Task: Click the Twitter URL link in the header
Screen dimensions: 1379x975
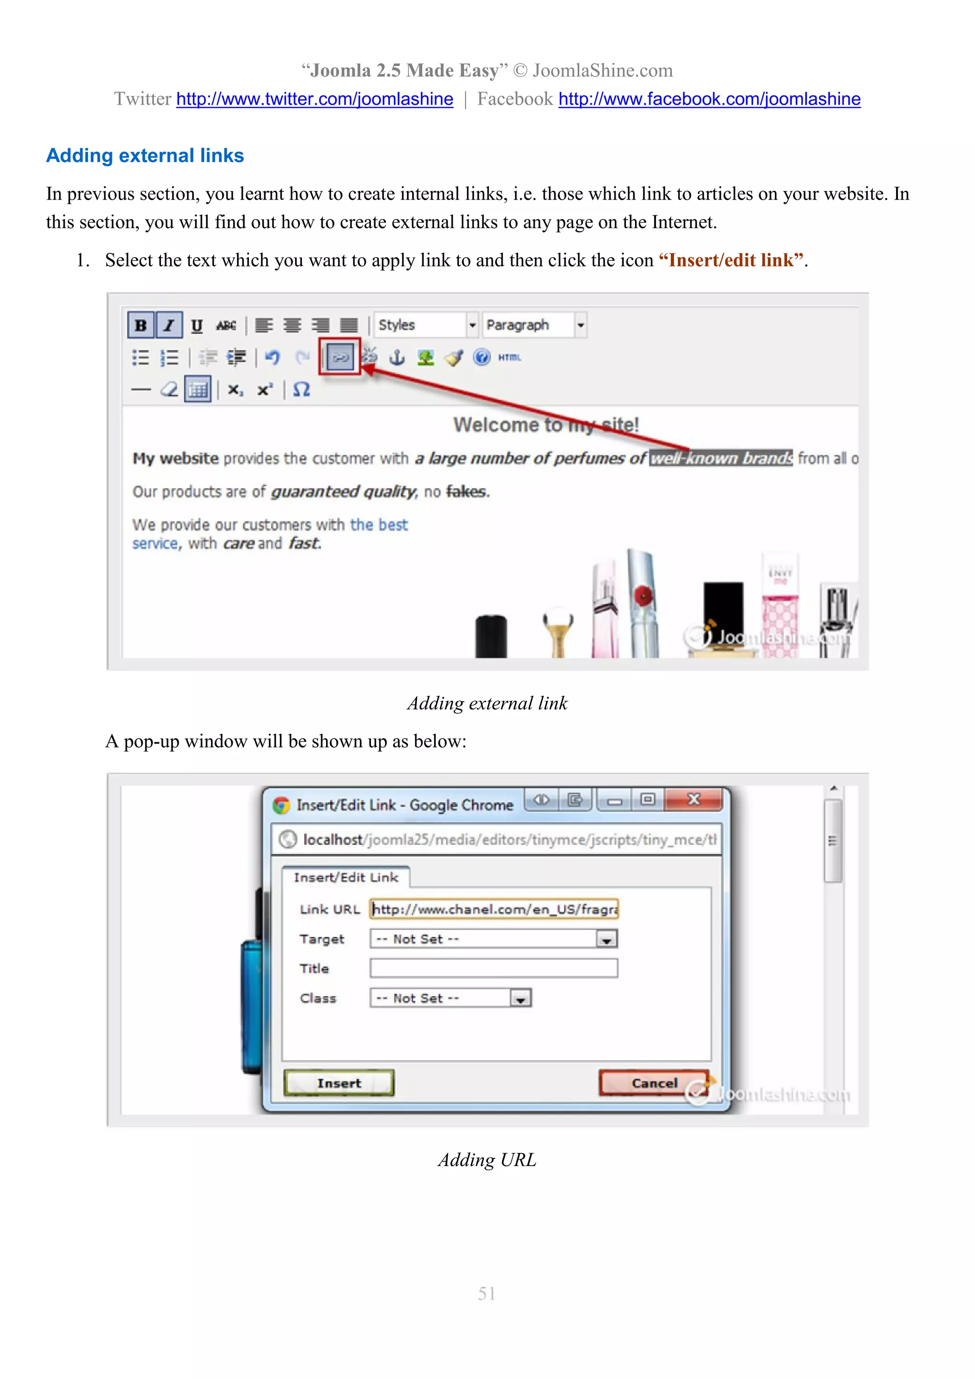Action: (x=315, y=99)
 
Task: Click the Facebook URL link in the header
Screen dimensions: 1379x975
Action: (x=709, y=99)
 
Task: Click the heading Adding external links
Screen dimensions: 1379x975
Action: (x=145, y=156)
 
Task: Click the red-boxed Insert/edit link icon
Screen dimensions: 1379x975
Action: (x=340, y=357)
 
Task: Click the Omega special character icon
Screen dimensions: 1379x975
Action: (x=301, y=390)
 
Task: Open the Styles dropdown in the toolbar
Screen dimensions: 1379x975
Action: (x=426, y=325)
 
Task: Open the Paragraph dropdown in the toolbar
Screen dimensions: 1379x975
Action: (x=534, y=325)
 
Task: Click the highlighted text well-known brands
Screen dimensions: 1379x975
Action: (x=720, y=458)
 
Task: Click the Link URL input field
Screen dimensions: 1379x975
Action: (x=494, y=909)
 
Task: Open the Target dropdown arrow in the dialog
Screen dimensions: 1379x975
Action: (x=607, y=939)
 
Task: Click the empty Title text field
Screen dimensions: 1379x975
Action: (x=494, y=968)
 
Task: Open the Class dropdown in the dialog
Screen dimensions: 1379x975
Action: (x=520, y=998)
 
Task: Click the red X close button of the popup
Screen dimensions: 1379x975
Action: (x=694, y=799)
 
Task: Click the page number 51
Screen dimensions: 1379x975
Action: (x=487, y=1294)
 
